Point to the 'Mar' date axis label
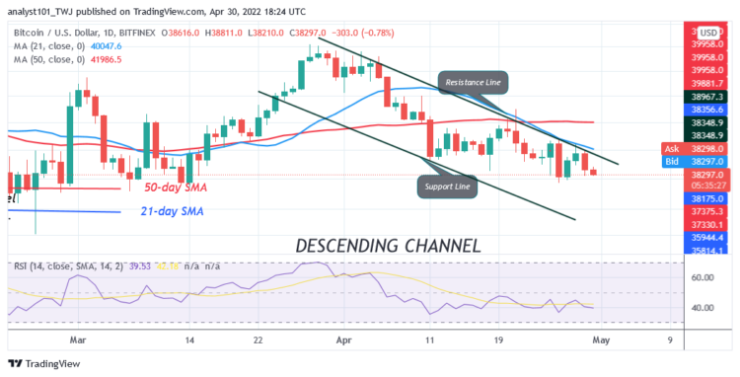pos(78,339)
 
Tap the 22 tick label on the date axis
pos(259,339)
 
